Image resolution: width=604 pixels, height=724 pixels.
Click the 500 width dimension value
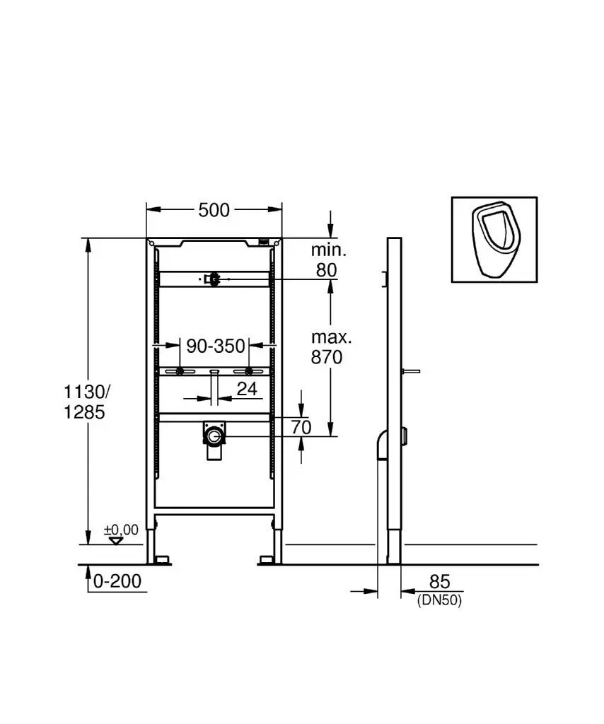pyautogui.click(x=214, y=210)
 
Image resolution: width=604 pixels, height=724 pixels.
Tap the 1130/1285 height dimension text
pyautogui.click(x=86, y=402)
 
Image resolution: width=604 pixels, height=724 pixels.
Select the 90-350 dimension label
pyautogui.click(x=215, y=345)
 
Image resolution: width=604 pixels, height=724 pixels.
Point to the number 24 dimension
pyautogui.click(x=247, y=389)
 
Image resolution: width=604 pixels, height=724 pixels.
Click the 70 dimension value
pyautogui.click(x=301, y=428)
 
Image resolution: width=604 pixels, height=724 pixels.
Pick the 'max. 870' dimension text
pyautogui.click(x=330, y=347)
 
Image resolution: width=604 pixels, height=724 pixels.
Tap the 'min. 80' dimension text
pyautogui.click(x=328, y=260)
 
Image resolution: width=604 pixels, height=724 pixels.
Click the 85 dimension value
pyautogui.click(x=439, y=582)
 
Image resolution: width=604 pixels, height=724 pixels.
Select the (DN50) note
pyautogui.click(x=439, y=600)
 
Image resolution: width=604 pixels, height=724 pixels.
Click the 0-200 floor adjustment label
pyautogui.click(x=117, y=581)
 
